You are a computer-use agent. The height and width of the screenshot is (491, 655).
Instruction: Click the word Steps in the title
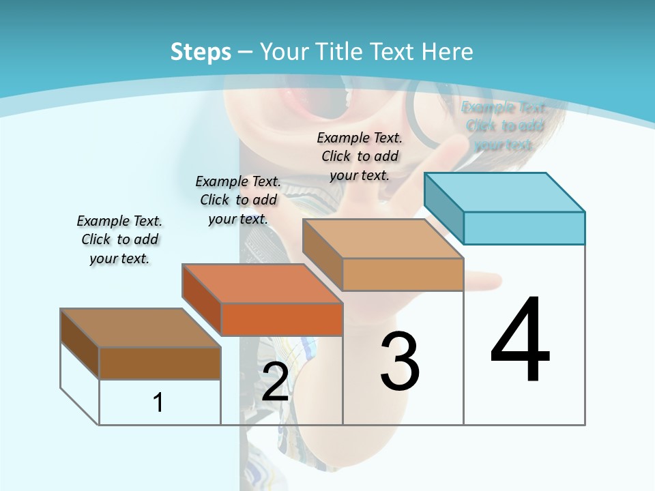pos(200,52)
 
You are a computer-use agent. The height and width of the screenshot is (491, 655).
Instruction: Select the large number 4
pos(520,340)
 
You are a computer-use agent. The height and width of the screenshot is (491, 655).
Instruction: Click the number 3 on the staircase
pos(400,361)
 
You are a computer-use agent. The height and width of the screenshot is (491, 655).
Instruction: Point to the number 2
pos(275,382)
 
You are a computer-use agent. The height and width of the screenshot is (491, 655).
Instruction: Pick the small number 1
pos(158,402)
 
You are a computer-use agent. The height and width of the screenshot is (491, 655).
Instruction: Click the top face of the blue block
pos(505,192)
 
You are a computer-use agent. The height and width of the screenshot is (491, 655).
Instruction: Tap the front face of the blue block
pos(524,228)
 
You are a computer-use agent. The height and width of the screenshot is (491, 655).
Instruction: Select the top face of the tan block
pos(382,239)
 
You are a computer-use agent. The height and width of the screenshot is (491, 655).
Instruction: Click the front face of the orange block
pos(282,319)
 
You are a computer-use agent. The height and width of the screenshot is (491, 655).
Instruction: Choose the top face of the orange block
pos(262,283)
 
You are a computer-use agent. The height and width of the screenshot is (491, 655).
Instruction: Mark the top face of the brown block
pos(141,328)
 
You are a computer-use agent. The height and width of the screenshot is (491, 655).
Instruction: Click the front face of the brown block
pos(160,363)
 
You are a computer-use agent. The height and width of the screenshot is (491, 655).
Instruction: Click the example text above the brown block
pos(119,239)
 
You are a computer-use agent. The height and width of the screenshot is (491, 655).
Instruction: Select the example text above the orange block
pos(238,200)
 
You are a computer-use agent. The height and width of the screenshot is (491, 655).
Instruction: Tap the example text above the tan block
pos(360,156)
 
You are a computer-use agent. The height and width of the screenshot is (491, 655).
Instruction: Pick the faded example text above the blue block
pos(504,126)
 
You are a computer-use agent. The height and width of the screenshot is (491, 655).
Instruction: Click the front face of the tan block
pos(403,275)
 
